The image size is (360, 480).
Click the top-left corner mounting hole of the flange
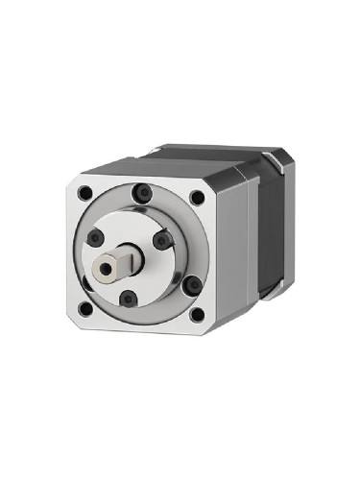(86, 192)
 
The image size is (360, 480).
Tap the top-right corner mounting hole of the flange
(197, 198)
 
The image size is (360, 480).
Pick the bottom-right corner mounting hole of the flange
(197, 314)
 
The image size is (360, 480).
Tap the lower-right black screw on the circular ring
(190, 284)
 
